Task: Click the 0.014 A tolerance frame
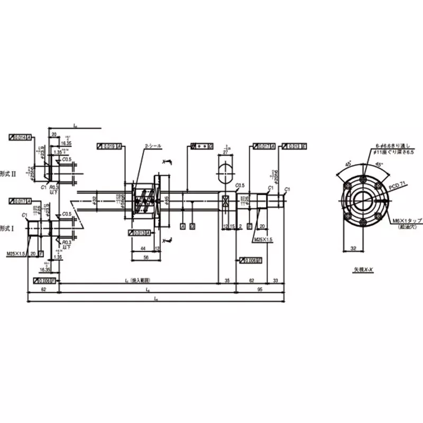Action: pyautogui.click(x=21, y=137)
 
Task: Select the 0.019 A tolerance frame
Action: pyautogui.click(x=110, y=146)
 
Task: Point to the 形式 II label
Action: pyautogui.click(x=7, y=173)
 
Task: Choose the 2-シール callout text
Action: pyautogui.click(x=153, y=145)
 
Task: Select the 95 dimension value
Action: pyautogui.click(x=260, y=290)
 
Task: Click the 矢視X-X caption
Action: pyautogui.click(x=364, y=269)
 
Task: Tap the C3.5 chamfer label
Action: pyautogui.click(x=240, y=186)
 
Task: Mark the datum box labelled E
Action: pyautogui.click(x=249, y=226)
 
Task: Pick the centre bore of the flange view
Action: pyautogui.click(x=364, y=199)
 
